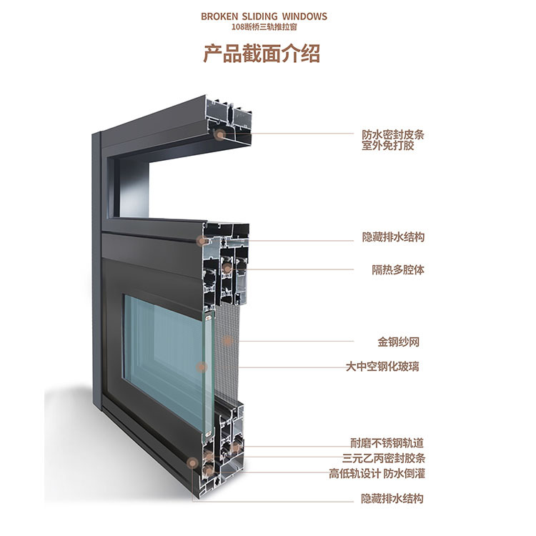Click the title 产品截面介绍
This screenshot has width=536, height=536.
click(x=262, y=54)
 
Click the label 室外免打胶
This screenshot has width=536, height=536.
click(x=387, y=146)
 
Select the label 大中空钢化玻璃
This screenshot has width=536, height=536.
click(x=382, y=367)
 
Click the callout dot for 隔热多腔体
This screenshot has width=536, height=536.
click(x=227, y=269)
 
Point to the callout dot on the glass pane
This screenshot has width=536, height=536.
click(x=202, y=367)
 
